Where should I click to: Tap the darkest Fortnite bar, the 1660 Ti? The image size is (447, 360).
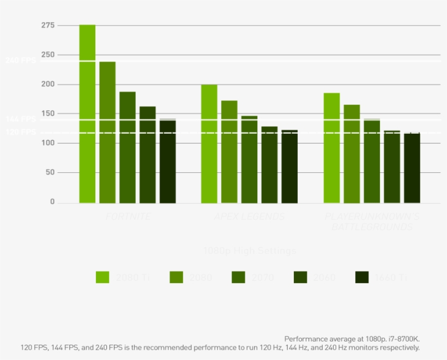(167, 161)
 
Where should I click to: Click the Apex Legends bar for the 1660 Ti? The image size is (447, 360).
(289, 166)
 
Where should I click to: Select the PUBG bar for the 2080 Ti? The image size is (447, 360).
(331, 148)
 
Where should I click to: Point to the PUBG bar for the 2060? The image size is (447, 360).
(392, 167)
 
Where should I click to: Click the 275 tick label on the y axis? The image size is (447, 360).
(48, 26)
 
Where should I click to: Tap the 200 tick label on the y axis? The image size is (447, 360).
(48, 85)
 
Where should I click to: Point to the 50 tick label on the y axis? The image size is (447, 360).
(50, 172)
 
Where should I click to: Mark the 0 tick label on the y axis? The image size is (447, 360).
(52, 202)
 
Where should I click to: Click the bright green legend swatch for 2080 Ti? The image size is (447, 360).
(102, 277)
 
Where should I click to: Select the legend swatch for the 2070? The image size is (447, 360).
(238, 277)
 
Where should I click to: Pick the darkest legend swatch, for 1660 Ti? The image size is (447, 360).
(362, 277)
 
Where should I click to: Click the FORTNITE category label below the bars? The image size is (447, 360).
(128, 217)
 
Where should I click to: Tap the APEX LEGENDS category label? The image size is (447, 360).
(249, 217)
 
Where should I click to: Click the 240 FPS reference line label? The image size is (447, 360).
(21, 61)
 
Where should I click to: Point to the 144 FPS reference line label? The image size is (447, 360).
(21, 119)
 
